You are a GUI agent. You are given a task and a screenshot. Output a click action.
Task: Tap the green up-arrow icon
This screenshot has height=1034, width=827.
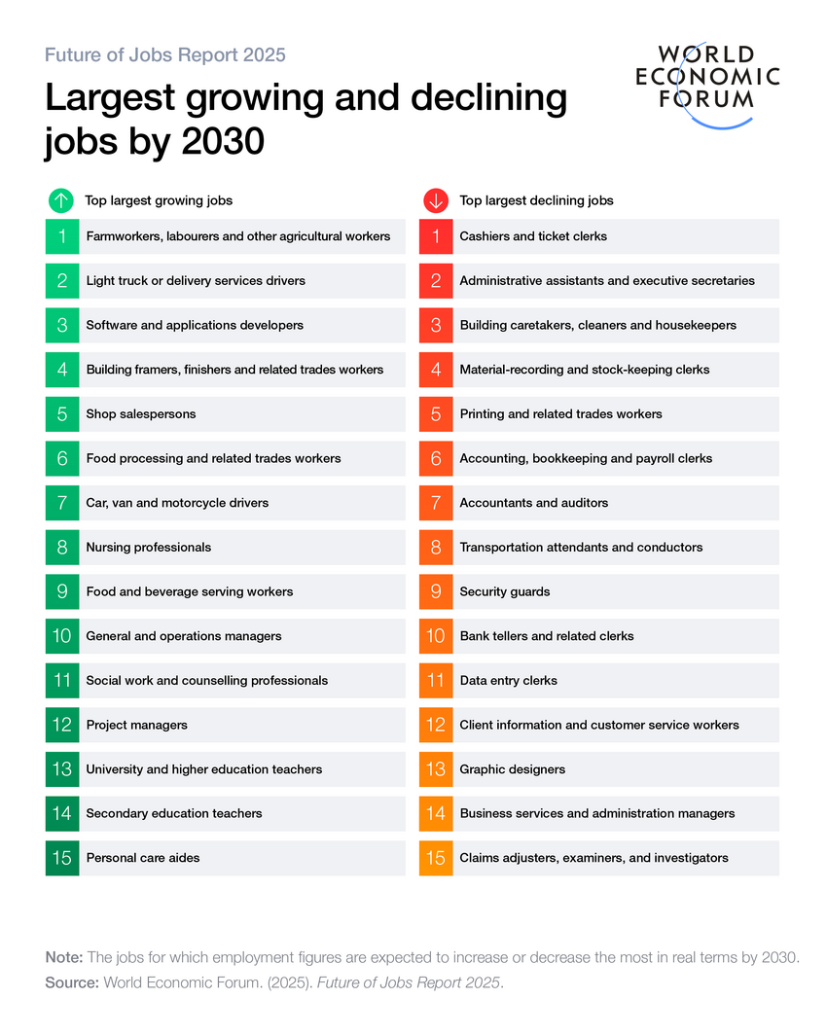(x=60, y=201)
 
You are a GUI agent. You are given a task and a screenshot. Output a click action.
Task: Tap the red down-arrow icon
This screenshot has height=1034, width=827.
(x=435, y=201)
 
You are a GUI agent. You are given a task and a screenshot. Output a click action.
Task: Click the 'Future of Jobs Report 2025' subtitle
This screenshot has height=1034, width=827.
(x=165, y=54)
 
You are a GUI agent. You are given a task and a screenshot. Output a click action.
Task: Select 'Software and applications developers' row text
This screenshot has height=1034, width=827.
(x=195, y=325)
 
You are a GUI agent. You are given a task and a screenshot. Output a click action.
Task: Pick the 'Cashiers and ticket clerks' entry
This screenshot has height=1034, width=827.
(x=533, y=236)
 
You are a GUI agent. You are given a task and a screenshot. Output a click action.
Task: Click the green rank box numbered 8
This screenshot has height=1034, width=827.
(x=62, y=548)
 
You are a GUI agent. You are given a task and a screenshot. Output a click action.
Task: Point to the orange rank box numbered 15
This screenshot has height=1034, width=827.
(x=436, y=858)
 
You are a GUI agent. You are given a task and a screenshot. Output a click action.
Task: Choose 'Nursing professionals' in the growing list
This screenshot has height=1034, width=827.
(x=148, y=548)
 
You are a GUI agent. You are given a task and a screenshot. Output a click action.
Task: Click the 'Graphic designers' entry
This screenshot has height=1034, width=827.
(x=512, y=769)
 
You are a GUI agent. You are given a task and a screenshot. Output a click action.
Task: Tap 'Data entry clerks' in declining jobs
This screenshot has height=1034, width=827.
(x=508, y=681)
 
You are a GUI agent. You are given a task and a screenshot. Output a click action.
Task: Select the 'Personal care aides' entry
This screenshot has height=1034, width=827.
(x=142, y=858)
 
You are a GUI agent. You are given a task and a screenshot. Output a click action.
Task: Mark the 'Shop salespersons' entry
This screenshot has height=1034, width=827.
(x=140, y=414)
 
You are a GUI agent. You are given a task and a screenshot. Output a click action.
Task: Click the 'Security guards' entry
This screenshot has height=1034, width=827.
(x=504, y=591)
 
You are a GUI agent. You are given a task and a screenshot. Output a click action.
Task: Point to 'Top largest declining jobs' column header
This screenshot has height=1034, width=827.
(x=536, y=201)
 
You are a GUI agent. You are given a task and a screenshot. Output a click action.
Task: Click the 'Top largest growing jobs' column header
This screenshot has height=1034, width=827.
(x=159, y=201)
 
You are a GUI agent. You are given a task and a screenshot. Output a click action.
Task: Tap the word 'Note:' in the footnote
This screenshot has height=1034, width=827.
(x=64, y=957)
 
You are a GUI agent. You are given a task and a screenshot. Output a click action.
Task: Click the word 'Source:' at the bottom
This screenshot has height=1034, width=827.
(x=72, y=982)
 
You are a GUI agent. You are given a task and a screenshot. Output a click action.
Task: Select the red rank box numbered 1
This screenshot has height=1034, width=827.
(x=436, y=236)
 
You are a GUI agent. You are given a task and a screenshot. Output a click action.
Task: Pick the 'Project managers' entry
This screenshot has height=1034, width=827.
(x=136, y=725)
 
